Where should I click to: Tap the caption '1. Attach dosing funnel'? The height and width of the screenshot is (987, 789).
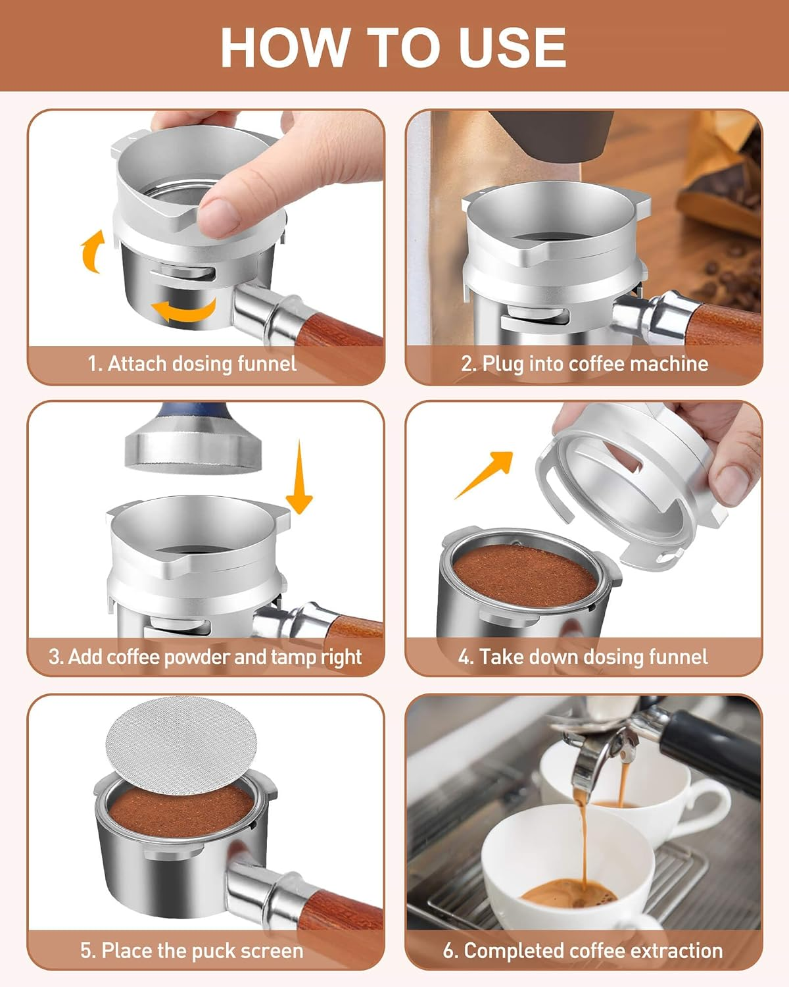coord(192,363)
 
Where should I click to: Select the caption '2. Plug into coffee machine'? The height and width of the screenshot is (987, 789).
coord(585,363)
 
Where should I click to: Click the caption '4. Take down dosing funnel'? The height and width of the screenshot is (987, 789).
coord(583,657)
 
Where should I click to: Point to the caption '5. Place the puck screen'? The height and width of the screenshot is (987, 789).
coord(192,950)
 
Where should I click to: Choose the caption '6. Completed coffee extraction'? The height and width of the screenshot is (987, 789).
coord(583,950)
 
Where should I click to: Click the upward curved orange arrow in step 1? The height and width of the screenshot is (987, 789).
coord(92,251)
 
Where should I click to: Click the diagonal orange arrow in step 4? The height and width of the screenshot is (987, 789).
coord(485,474)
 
